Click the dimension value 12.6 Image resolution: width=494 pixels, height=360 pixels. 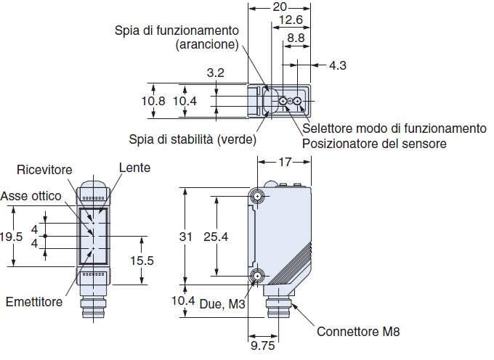[x=291, y=21]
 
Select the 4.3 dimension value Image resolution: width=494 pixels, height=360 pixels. [x=338, y=66]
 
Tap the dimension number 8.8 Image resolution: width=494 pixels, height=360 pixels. [x=296, y=36]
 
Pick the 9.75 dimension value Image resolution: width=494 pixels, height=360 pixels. [x=262, y=347]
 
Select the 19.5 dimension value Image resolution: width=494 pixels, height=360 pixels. [x=12, y=237]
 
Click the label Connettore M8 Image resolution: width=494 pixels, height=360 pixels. [x=358, y=332]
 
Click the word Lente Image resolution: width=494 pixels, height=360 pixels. [x=135, y=168]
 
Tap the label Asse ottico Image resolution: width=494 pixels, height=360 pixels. [x=31, y=196]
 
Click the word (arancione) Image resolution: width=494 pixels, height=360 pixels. [x=207, y=44]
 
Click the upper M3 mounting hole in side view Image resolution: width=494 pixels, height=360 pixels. [x=258, y=196]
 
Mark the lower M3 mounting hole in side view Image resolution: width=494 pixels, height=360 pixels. [x=258, y=277]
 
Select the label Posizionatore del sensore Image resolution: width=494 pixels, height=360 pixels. [x=374, y=144]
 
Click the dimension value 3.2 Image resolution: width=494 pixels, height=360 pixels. [x=215, y=73]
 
